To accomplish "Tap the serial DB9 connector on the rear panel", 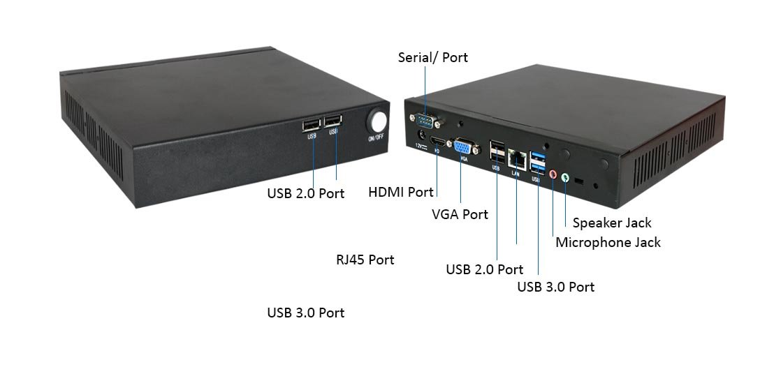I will pyautogui.click(x=425, y=118).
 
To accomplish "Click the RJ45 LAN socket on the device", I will pyautogui.click(x=516, y=158).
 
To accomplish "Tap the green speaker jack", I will pyautogui.click(x=565, y=177).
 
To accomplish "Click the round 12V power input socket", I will pyautogui.click(x=422, y=134).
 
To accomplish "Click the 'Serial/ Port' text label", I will pyautogui.click(x=432, y=57).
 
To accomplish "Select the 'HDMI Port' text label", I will pyautogui.click(x=401, y=191).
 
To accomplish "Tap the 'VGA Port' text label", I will pyautogui.click(x=460, y=214).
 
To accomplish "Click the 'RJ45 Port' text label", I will pyautogui.click(x=365, y=260).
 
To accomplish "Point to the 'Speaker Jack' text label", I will pyautogui.click(x=611, y=223).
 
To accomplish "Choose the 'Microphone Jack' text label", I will pyautogui.click(x=607, y=243).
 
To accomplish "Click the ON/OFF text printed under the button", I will pyautogui.click(x=376, y=138).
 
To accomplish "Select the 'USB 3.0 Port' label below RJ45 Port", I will pyautogui.click(x=305, y=313).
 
